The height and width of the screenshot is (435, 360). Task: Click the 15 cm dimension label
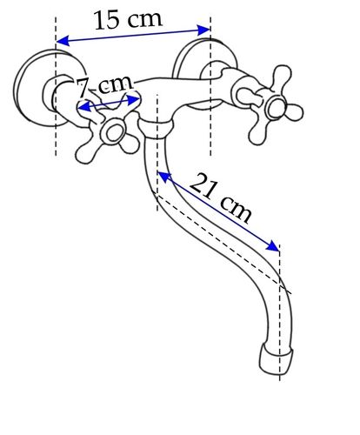[x=128, y=20]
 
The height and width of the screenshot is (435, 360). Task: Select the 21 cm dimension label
[x=220, y=197]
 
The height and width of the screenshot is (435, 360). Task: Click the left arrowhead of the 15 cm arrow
[x=63, y=41]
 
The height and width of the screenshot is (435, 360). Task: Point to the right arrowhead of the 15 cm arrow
[x=203, y=30]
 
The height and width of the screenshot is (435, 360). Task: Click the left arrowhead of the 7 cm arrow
[x=84, y=106]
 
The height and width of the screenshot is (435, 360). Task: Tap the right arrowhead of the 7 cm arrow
[x=133, y=100]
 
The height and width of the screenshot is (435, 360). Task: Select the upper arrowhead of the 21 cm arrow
[x=164, y=177]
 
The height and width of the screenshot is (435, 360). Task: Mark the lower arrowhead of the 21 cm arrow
[x=272, y=246]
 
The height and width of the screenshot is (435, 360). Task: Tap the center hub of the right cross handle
[x=277, y=108]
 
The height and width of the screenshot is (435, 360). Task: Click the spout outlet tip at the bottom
[x=276, y=359]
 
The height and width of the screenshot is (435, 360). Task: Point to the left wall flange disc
[x=26, y=87]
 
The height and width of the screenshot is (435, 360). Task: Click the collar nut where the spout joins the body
[x=156, y=128]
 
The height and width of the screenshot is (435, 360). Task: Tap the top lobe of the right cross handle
[x=282, y=76]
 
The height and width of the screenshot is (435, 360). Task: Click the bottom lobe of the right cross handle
[x=257, y=133]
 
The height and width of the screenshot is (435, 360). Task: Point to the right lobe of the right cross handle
[x=294, y=112]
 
